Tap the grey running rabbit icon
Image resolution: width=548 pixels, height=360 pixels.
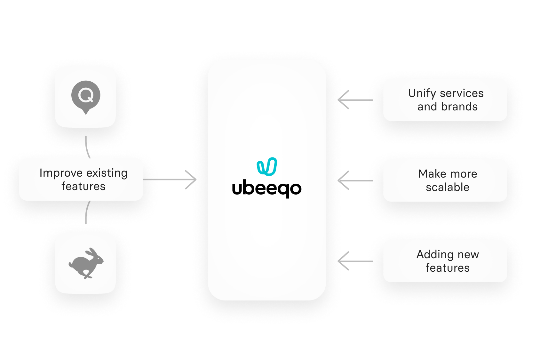click(86, 263)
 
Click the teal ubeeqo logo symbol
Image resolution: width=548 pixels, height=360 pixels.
click(267, 167)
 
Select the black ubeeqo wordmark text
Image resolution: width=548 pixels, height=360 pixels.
click(267, 189)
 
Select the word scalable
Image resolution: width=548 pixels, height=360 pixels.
click(448, 188)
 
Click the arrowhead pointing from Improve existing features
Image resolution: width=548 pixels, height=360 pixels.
click(192, 180)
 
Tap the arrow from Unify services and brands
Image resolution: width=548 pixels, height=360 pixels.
click(344, 100)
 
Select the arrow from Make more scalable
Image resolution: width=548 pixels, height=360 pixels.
click(344, 180)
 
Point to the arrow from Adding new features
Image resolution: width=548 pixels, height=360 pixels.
click(344, 261)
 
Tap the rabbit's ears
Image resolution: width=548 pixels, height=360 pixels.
click(93, 252)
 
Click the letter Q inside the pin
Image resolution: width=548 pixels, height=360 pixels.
click(86, 95)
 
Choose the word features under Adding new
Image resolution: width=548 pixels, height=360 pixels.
click(448, 268)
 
